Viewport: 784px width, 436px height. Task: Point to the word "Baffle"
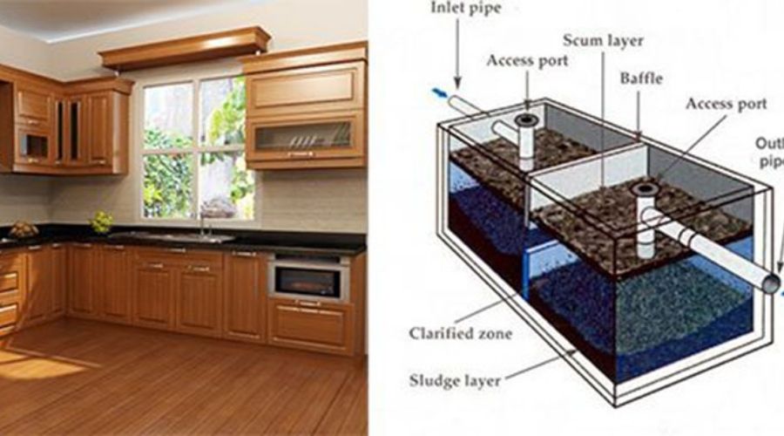641,78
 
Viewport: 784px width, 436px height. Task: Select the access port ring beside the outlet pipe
645,189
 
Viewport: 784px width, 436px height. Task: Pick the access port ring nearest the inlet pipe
526,119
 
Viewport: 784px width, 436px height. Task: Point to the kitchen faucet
201,222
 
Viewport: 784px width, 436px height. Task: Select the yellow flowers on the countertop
102,222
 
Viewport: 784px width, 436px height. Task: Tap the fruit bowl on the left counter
23,229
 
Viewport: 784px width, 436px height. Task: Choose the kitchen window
198,148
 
